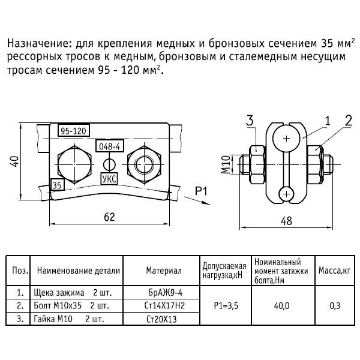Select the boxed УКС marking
[110, 179]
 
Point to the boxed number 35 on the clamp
[57, 185]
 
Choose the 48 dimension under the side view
[287, 220]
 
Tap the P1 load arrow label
[202, 191]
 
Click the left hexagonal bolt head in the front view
[73, 162]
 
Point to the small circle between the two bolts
[109, 163]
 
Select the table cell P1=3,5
[226, 305]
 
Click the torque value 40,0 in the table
[280, 305]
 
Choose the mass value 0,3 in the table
[335, 305]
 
